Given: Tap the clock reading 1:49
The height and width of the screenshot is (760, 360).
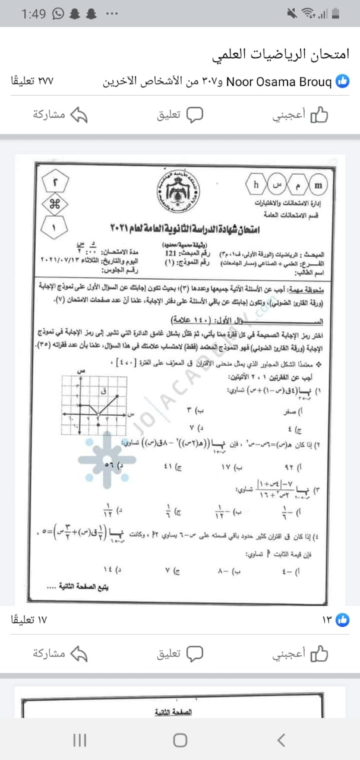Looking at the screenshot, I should click(x=33, y=14).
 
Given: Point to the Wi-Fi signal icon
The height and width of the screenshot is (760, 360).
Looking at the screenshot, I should click(x=308, y=14).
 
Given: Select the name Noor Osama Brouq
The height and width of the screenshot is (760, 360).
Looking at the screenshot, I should click(x=279, y=81).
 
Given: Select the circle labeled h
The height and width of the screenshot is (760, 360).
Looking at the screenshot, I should click(x=256, y=184).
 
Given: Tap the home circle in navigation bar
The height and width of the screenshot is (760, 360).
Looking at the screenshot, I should click(x=180, y=740).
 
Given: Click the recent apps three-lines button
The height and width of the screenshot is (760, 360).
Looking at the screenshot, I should click(x=79, y=740).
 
